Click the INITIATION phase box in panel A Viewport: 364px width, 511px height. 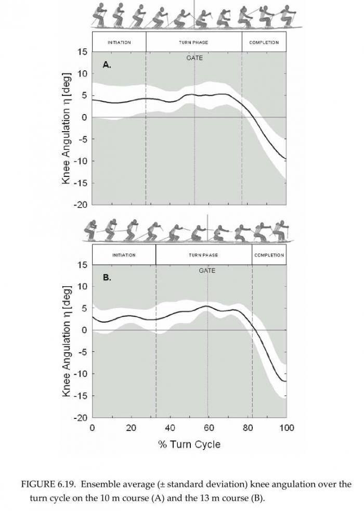119,42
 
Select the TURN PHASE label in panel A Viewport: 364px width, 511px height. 193,42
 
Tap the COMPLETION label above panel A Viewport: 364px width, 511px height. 264,42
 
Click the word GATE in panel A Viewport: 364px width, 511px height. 194,58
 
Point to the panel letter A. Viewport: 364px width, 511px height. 107,65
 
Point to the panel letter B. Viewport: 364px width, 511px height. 107,277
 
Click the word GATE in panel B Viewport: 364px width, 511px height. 207,271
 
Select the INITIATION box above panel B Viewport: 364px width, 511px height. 124,255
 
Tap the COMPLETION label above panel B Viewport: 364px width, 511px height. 269,255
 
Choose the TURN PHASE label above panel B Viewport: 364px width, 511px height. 203,255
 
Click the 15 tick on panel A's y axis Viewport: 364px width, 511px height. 83,52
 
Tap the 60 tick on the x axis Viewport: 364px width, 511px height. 209,428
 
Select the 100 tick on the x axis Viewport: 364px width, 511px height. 287,428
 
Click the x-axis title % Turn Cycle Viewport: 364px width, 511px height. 189,444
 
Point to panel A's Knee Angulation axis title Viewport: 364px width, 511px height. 66,128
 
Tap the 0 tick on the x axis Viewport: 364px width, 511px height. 92,428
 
